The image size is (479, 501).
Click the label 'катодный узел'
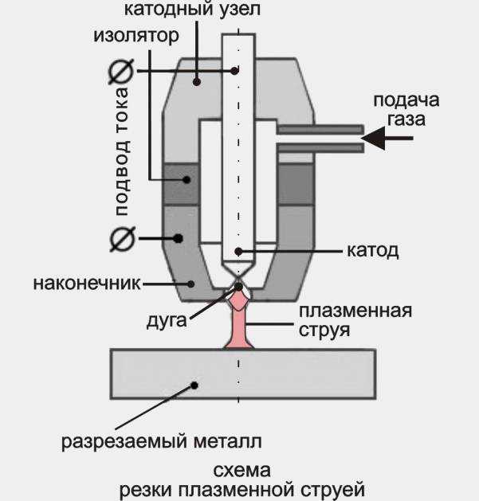point(192,9)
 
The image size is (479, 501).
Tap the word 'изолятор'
point(136,36)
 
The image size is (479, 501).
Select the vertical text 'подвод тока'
point(122,151)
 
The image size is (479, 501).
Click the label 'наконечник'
point(87,284)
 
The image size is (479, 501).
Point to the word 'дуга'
point(167,321)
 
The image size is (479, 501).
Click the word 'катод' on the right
point(373,251)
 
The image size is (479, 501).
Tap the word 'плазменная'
point(355,311)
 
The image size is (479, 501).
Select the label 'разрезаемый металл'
point(162,441)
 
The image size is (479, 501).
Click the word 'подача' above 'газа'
point(406,100)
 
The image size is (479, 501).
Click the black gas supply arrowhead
point(374,138)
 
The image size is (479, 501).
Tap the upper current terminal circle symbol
point(120,72)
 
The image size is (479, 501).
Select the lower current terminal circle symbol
point(123,239)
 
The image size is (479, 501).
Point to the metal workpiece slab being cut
point(243,374)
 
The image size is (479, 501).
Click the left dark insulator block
point(181,184)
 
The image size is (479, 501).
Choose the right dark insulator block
point(296,184)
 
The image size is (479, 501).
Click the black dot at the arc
point(239,287)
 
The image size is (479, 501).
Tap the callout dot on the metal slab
point(194,386)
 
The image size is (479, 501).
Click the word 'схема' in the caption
point(241,471)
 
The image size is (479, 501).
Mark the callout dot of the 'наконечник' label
point(191,284)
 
